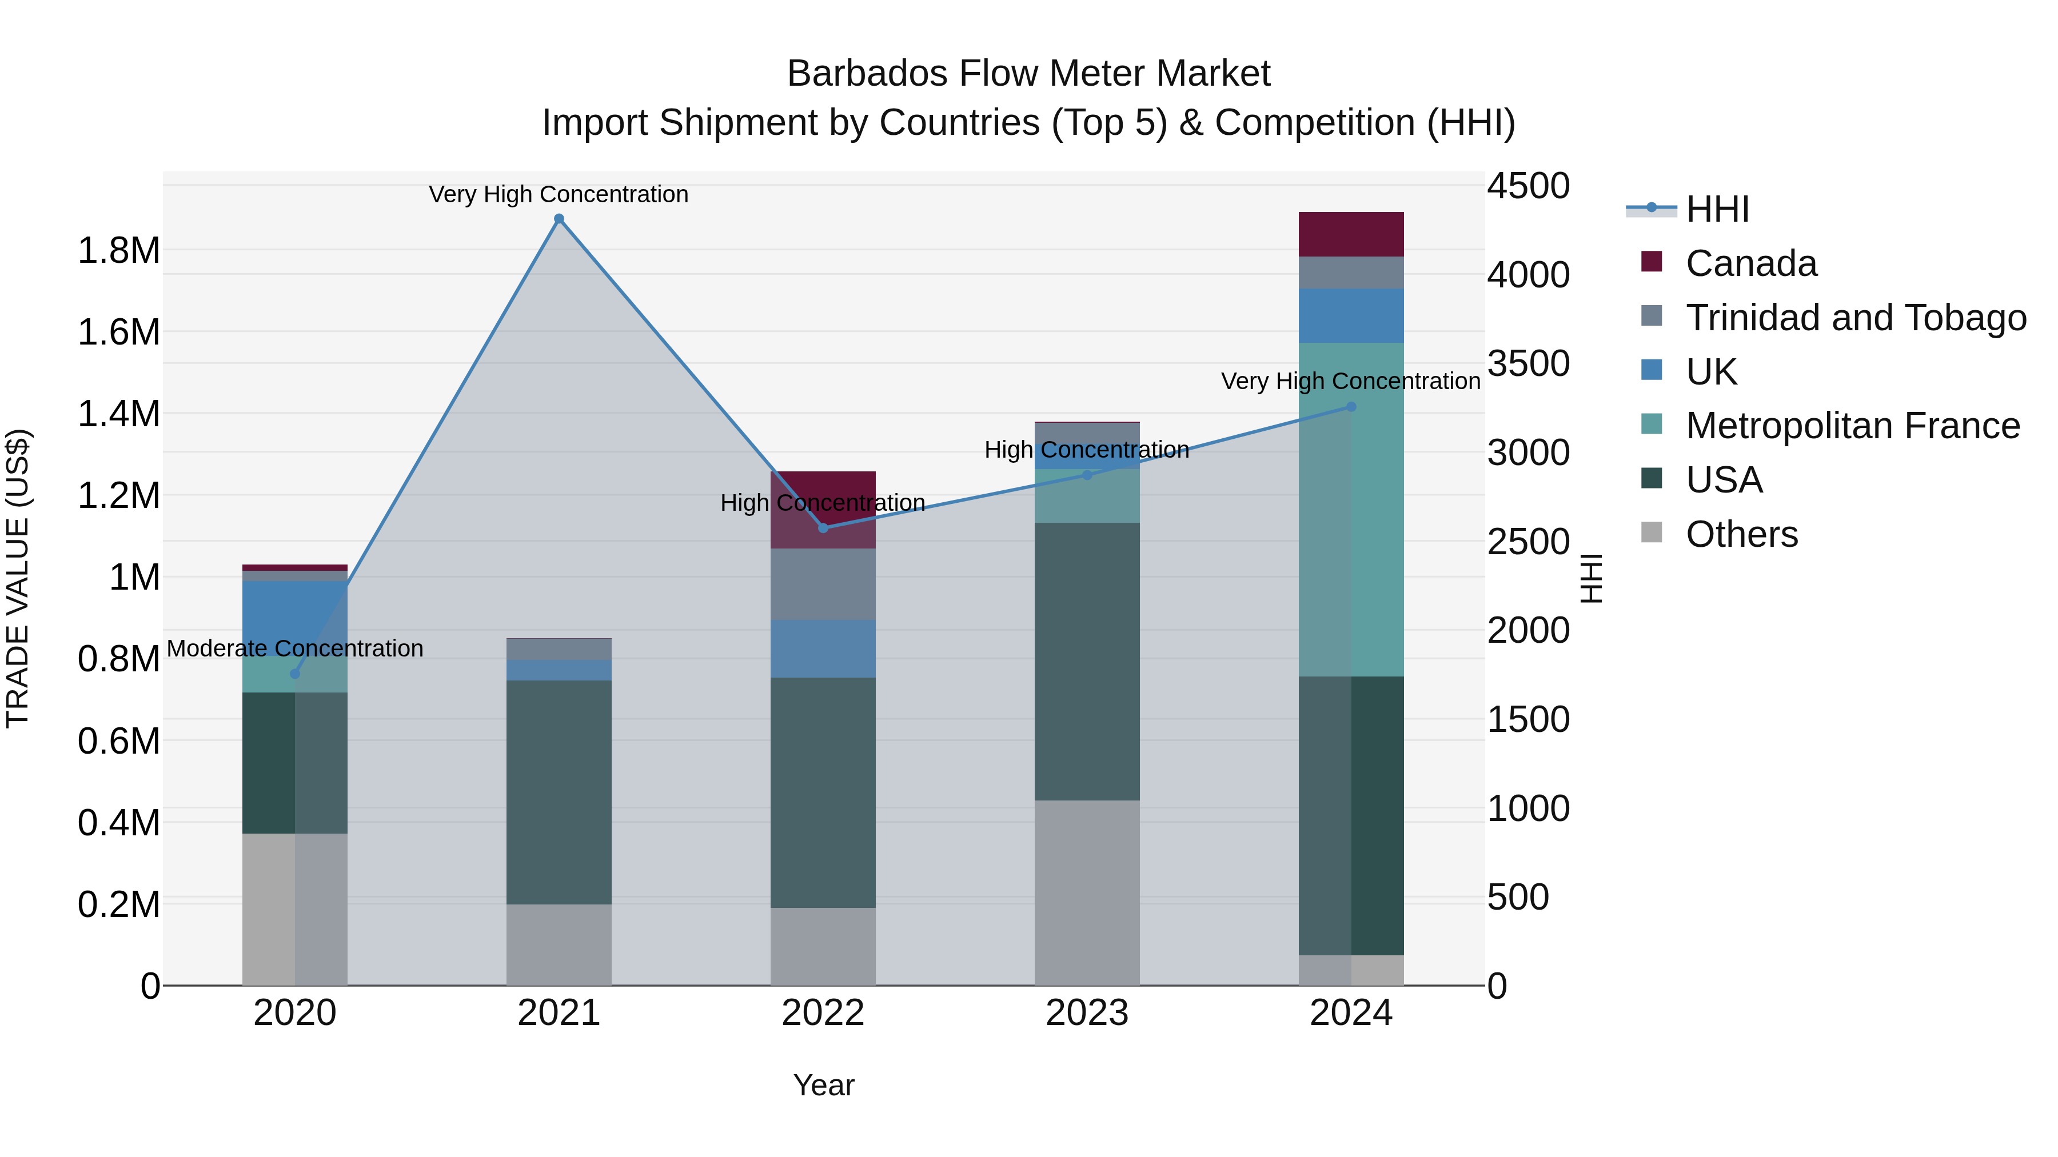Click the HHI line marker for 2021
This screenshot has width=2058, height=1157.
coord(559,219)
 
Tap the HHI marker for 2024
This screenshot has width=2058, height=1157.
coord(1351,406)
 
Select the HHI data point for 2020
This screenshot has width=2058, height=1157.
coord(295,673)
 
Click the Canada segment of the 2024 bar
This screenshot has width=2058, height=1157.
coord(1351,234)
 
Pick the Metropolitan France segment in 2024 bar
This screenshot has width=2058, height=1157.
coord(1351,510)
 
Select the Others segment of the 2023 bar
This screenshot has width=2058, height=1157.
coord(1087,892)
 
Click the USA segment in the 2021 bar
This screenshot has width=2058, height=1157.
coord(559,791)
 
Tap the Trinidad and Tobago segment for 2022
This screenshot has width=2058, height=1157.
coord(823,584)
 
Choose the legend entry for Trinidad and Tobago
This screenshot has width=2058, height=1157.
coord(1855,318)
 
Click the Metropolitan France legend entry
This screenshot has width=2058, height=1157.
coord(1852,426)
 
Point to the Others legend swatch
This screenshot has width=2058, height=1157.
coord(1652,533)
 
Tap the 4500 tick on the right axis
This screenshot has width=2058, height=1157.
coord(1527,186)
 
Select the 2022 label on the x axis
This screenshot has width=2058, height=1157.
coord(823,1013)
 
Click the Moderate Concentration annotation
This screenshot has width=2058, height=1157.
coord(295,648)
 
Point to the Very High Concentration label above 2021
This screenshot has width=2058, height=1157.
coord(559,194)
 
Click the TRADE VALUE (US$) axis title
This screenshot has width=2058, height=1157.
coord(18,578)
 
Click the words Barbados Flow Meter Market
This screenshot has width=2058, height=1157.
coord(1028,74)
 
